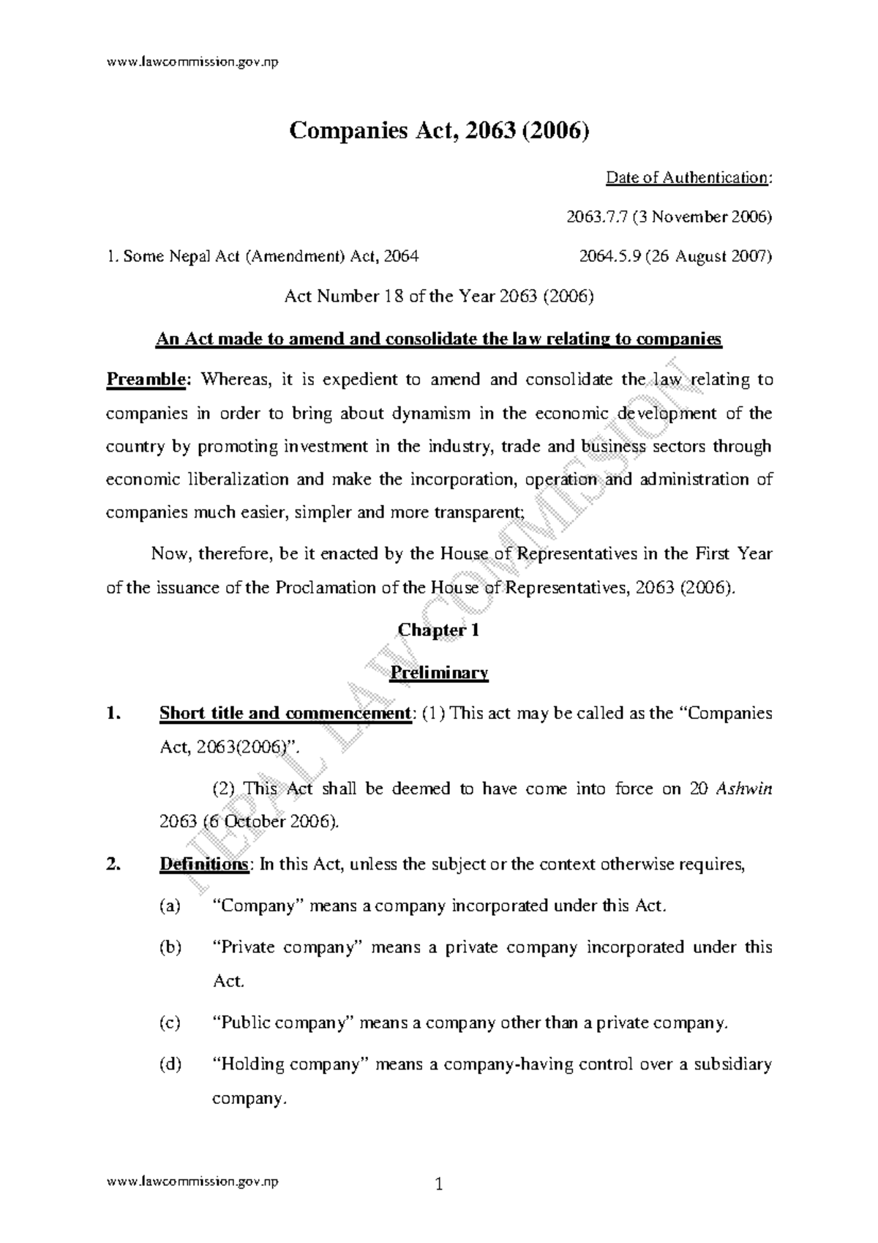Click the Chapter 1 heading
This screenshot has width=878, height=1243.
[438, 630]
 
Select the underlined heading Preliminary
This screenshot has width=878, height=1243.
[439, 672]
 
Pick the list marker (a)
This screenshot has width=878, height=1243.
[169, 906]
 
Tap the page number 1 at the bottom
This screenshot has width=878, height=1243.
[439, 1184]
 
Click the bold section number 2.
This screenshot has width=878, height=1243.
[112, 865]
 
